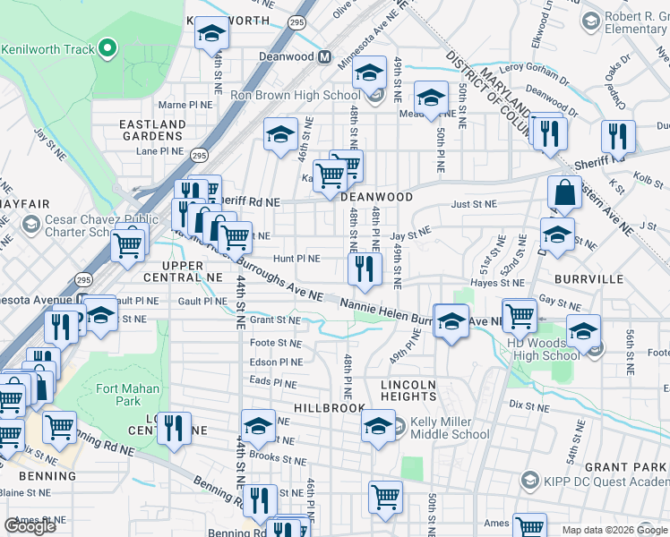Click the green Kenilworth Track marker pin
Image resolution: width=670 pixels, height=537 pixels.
pyautogui.click(x=108, y=48)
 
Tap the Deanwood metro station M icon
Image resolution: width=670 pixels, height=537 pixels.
pyautogui.click(x=324, y=56)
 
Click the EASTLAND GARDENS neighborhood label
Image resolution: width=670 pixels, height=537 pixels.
pyautogui.click(x=152, y=129)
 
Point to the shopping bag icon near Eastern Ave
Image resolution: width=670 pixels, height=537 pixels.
pyautogui.click(x=566, y=193)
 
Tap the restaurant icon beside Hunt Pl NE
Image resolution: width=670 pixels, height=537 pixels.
pyautogui.click(x=364, y=268)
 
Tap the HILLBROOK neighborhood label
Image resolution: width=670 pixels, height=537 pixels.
pyautogui.click(x=330, y=407)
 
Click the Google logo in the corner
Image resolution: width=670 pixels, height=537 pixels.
pyautogui.click(x=30, y=526)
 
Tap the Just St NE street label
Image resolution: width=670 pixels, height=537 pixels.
pyautogui.click(x=473, y=205)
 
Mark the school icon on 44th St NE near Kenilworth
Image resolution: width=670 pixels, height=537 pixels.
pyautogui.click(x=212, y=34)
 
